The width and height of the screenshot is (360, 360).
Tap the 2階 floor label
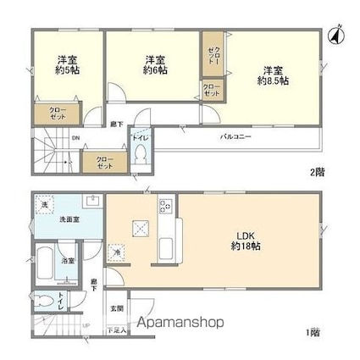point(316,172)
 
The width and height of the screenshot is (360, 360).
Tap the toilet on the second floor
point(141,152)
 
